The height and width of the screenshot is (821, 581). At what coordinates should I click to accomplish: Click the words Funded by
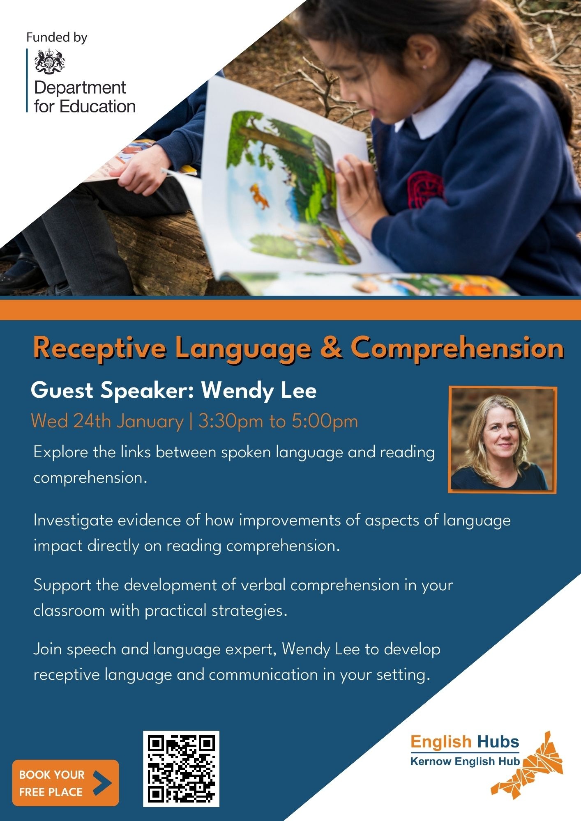tap(57, 37)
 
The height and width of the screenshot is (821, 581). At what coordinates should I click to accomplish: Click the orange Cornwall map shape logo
tap(528, 766)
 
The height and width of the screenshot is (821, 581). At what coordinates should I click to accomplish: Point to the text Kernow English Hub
tap(465, 761)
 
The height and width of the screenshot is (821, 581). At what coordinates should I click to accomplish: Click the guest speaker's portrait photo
tap(503, 439)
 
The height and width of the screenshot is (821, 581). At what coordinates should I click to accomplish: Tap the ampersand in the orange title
tap(331, 347)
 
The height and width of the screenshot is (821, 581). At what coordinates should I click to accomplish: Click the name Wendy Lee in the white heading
tap(259, 390)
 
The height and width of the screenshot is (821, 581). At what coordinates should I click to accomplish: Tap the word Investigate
tap(73, 521)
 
